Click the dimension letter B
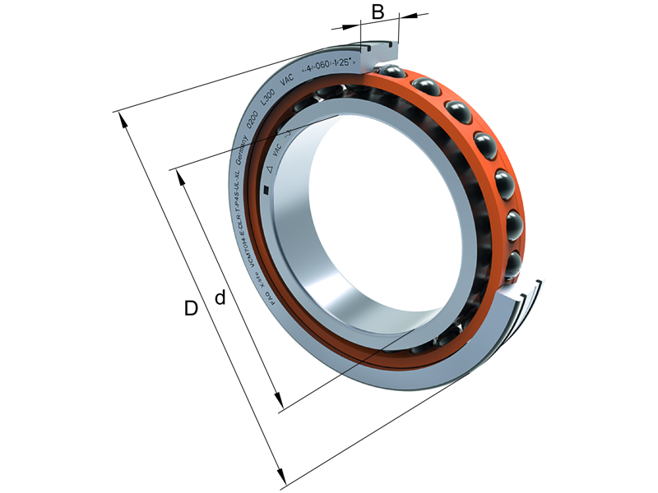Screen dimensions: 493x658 click(x=378, y=12)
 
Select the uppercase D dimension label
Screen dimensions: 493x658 click(x=191, y=309)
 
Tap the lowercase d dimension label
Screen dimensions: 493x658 click(x=220, y=297)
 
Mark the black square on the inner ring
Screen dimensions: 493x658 click(x=265, y=191)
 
